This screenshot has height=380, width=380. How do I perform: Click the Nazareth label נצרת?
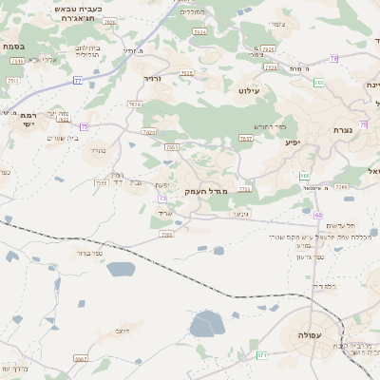pyautogui.click(x=344, y=129)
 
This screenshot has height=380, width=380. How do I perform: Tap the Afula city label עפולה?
pyautogui.click(x=311, y=336)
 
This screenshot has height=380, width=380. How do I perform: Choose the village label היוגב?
pyautogui.click(x=121, y=330)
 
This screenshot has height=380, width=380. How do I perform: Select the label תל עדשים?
pyautogui.click(x=339, y=225)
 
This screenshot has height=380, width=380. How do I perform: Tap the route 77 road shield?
pyautogui.click(x=78, y=81)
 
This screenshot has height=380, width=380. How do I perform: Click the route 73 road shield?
pyautogui.click(x=163, y=198)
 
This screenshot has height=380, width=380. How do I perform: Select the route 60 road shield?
pyautogui.click(x=318, y=215)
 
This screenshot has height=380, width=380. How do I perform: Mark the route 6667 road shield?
pyautogui.click(x=81, y=359)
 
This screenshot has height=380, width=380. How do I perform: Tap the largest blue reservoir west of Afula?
pyautogui.click(x=207, y=325)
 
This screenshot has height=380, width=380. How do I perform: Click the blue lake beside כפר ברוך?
pyautogui.click(x=121, y=269)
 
